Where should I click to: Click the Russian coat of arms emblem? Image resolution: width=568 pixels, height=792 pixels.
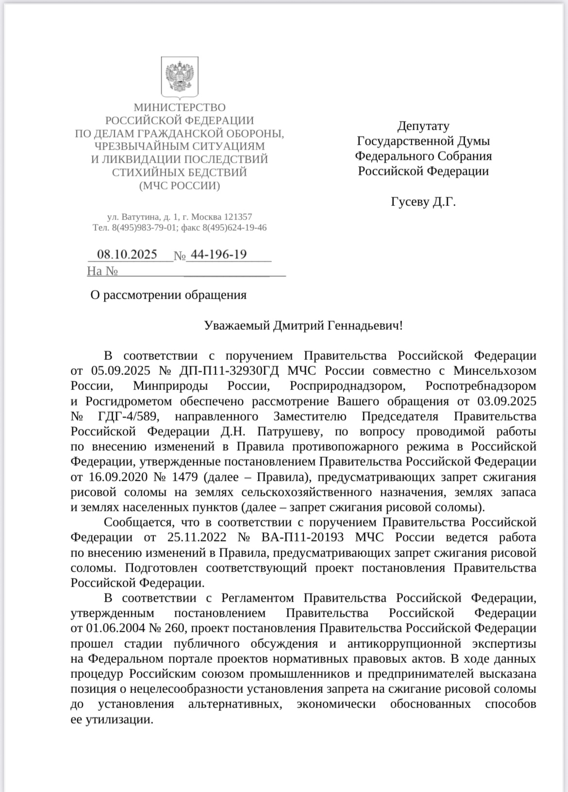click(180, 76)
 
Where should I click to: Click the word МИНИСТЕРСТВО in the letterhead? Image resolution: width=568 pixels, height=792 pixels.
click(180, 107)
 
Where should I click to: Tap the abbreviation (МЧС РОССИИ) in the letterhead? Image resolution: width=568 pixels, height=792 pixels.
click(180, 185)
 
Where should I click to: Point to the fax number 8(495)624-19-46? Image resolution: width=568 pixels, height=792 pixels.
click(234, 227)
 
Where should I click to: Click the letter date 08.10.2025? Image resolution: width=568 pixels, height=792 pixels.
click(127, 254)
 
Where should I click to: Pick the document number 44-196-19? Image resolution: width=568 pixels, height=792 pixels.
click(219, 254)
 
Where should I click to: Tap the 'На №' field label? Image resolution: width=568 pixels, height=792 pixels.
click(102, 271)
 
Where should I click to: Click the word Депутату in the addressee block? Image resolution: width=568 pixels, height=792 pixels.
click(423, 126)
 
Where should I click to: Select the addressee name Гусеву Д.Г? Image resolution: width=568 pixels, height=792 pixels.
click(423, 202)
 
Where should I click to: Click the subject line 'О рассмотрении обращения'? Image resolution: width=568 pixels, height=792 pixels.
click(168, 295)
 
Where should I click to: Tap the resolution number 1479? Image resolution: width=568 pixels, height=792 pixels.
click(184, 477)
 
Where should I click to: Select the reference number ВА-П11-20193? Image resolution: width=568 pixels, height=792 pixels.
click(302, 538)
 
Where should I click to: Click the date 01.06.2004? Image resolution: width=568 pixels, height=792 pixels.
click(115, 628)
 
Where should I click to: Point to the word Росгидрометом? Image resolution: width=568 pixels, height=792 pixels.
click(129, 402)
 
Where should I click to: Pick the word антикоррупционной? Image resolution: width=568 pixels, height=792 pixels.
click(404, 644)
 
